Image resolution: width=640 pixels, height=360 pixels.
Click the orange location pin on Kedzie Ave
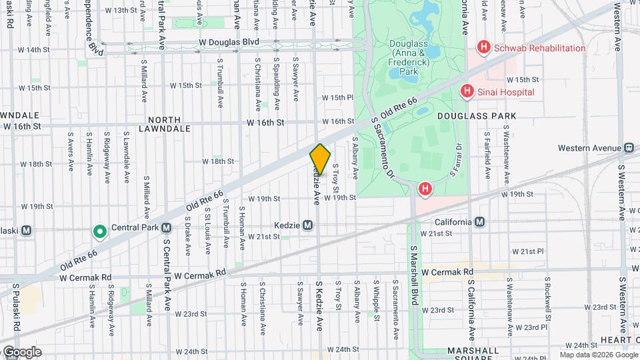320,159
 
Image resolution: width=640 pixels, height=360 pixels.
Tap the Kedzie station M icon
307,225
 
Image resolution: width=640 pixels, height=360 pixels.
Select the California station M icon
479,222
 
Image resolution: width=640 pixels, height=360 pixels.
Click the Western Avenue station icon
629,147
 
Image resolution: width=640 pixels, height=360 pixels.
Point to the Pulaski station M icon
27,231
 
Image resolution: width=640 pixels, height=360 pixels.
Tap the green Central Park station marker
100,231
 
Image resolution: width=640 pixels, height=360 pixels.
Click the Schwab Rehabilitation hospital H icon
483,48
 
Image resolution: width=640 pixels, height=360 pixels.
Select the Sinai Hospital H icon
467,91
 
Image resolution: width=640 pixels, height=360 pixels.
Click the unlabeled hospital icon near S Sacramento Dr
425,190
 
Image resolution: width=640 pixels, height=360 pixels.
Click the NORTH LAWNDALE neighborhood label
159,123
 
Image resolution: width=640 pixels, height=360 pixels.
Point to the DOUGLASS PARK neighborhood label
477,116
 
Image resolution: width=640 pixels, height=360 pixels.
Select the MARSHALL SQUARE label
474,355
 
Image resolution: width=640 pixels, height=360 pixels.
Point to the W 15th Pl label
337,97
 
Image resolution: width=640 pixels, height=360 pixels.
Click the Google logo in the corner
21,351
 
